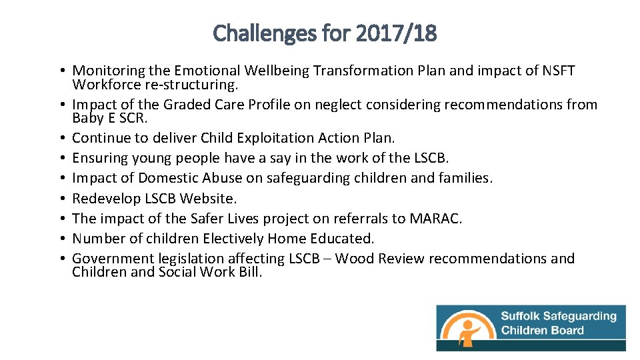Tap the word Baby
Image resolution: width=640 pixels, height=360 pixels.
(x=86, y=118)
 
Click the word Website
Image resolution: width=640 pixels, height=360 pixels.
(x=209, y=198)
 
